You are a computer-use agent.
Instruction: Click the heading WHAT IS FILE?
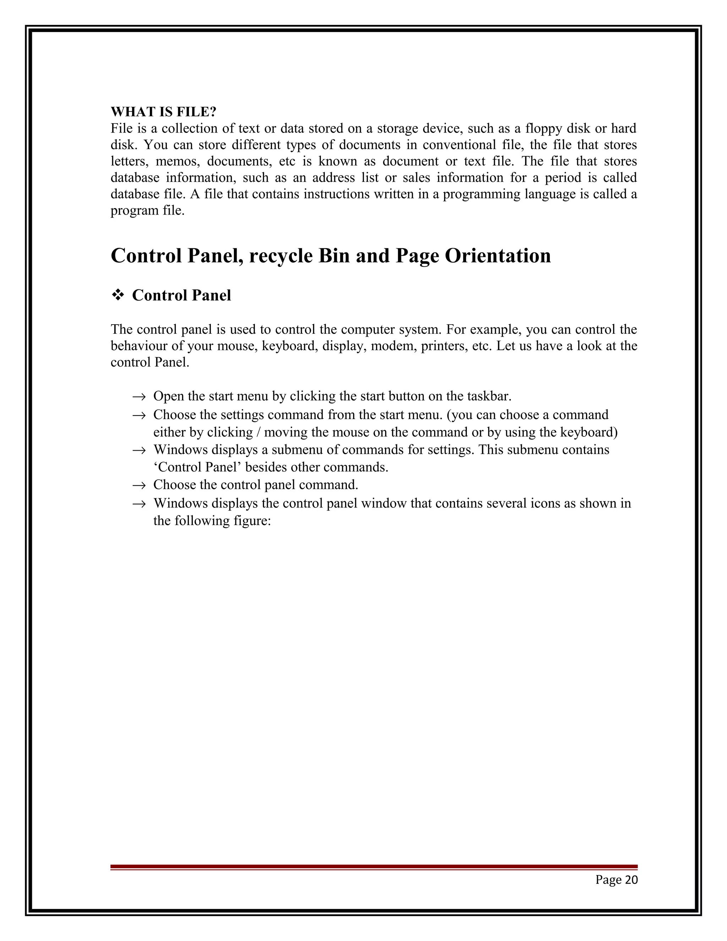pos(163,111)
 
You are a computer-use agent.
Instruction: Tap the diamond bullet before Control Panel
pos(117,295)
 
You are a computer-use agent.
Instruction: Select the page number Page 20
pos(616,880)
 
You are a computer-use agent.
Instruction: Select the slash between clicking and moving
pos(258,432)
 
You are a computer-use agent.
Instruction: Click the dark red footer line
pos(374,866)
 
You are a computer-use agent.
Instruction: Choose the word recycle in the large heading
pos(280,256)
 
